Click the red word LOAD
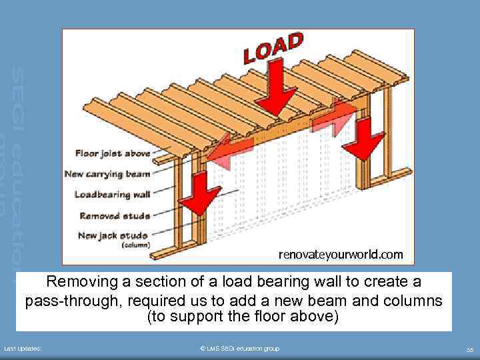coord(273,49)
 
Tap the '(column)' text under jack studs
coord(135,245)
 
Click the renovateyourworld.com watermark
coord(340,254)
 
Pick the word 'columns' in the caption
coord(411,301)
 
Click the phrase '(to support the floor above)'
coord(242,316)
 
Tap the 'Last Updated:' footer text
coord(23,349)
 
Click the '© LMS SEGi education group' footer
coord(239,349)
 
